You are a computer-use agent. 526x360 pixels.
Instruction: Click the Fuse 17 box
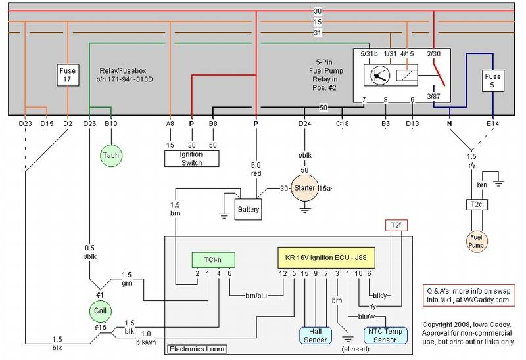pyautogui.click(x=68, y=76)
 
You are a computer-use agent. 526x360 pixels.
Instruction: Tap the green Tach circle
pyautogui.click(x=110, y=156)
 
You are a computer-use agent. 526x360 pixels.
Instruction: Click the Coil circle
pyautogui.click(x=101, y=309)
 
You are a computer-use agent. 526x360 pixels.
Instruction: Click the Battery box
pyautogui.click(x=249, y=210)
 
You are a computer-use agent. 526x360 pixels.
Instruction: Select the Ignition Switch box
pyautogui.click(x=191, y=158)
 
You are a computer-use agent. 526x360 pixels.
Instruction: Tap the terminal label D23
pyautogui.click(x=26, y=122)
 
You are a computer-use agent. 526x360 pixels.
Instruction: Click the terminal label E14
pyautogui.click(x=492, y=122)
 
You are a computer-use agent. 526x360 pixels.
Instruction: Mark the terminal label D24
pyautogui.click(x=304, y=122)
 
